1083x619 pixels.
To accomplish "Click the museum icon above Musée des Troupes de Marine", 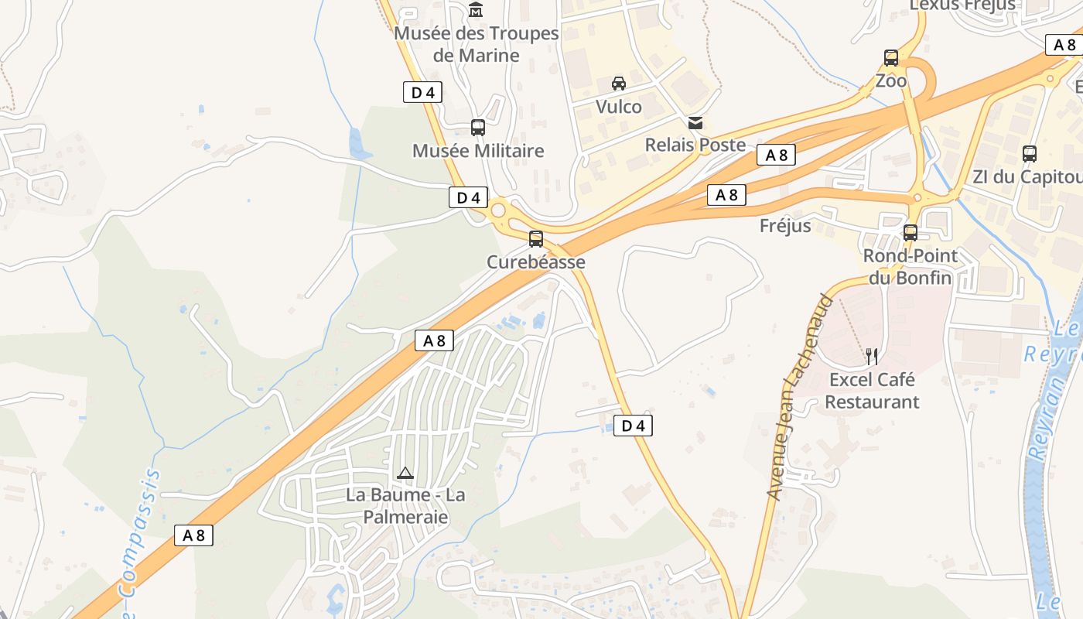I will tap(476, 10).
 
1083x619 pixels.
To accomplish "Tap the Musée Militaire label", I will tap(478, 151).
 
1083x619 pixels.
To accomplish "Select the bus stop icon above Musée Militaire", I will tap(478, 128).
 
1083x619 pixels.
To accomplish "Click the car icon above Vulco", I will tap(618, 84).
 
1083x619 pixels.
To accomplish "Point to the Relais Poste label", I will tap(695, 145).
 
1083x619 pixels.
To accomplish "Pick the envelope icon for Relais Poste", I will tap(695, 122).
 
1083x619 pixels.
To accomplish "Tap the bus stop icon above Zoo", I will tap(891, 58).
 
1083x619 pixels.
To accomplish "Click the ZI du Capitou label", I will tap(1027, 176).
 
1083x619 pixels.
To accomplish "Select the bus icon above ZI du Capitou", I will tap(1029, 154).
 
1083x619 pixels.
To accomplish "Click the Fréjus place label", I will tap(785, 226).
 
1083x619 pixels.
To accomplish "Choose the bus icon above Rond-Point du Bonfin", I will tap(910, 233).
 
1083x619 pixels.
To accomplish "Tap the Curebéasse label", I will tap(535, 262).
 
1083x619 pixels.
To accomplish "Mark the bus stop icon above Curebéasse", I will tap(536, 239).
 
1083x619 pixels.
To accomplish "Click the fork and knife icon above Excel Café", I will tap(872, 356).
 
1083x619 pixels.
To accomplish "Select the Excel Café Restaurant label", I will tap(872, 391).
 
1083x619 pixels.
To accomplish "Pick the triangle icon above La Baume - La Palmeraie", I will tap(405, 473).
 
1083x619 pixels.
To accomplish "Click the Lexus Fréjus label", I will tap(962, 5).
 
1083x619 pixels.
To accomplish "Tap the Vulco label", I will tap(618, 106).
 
